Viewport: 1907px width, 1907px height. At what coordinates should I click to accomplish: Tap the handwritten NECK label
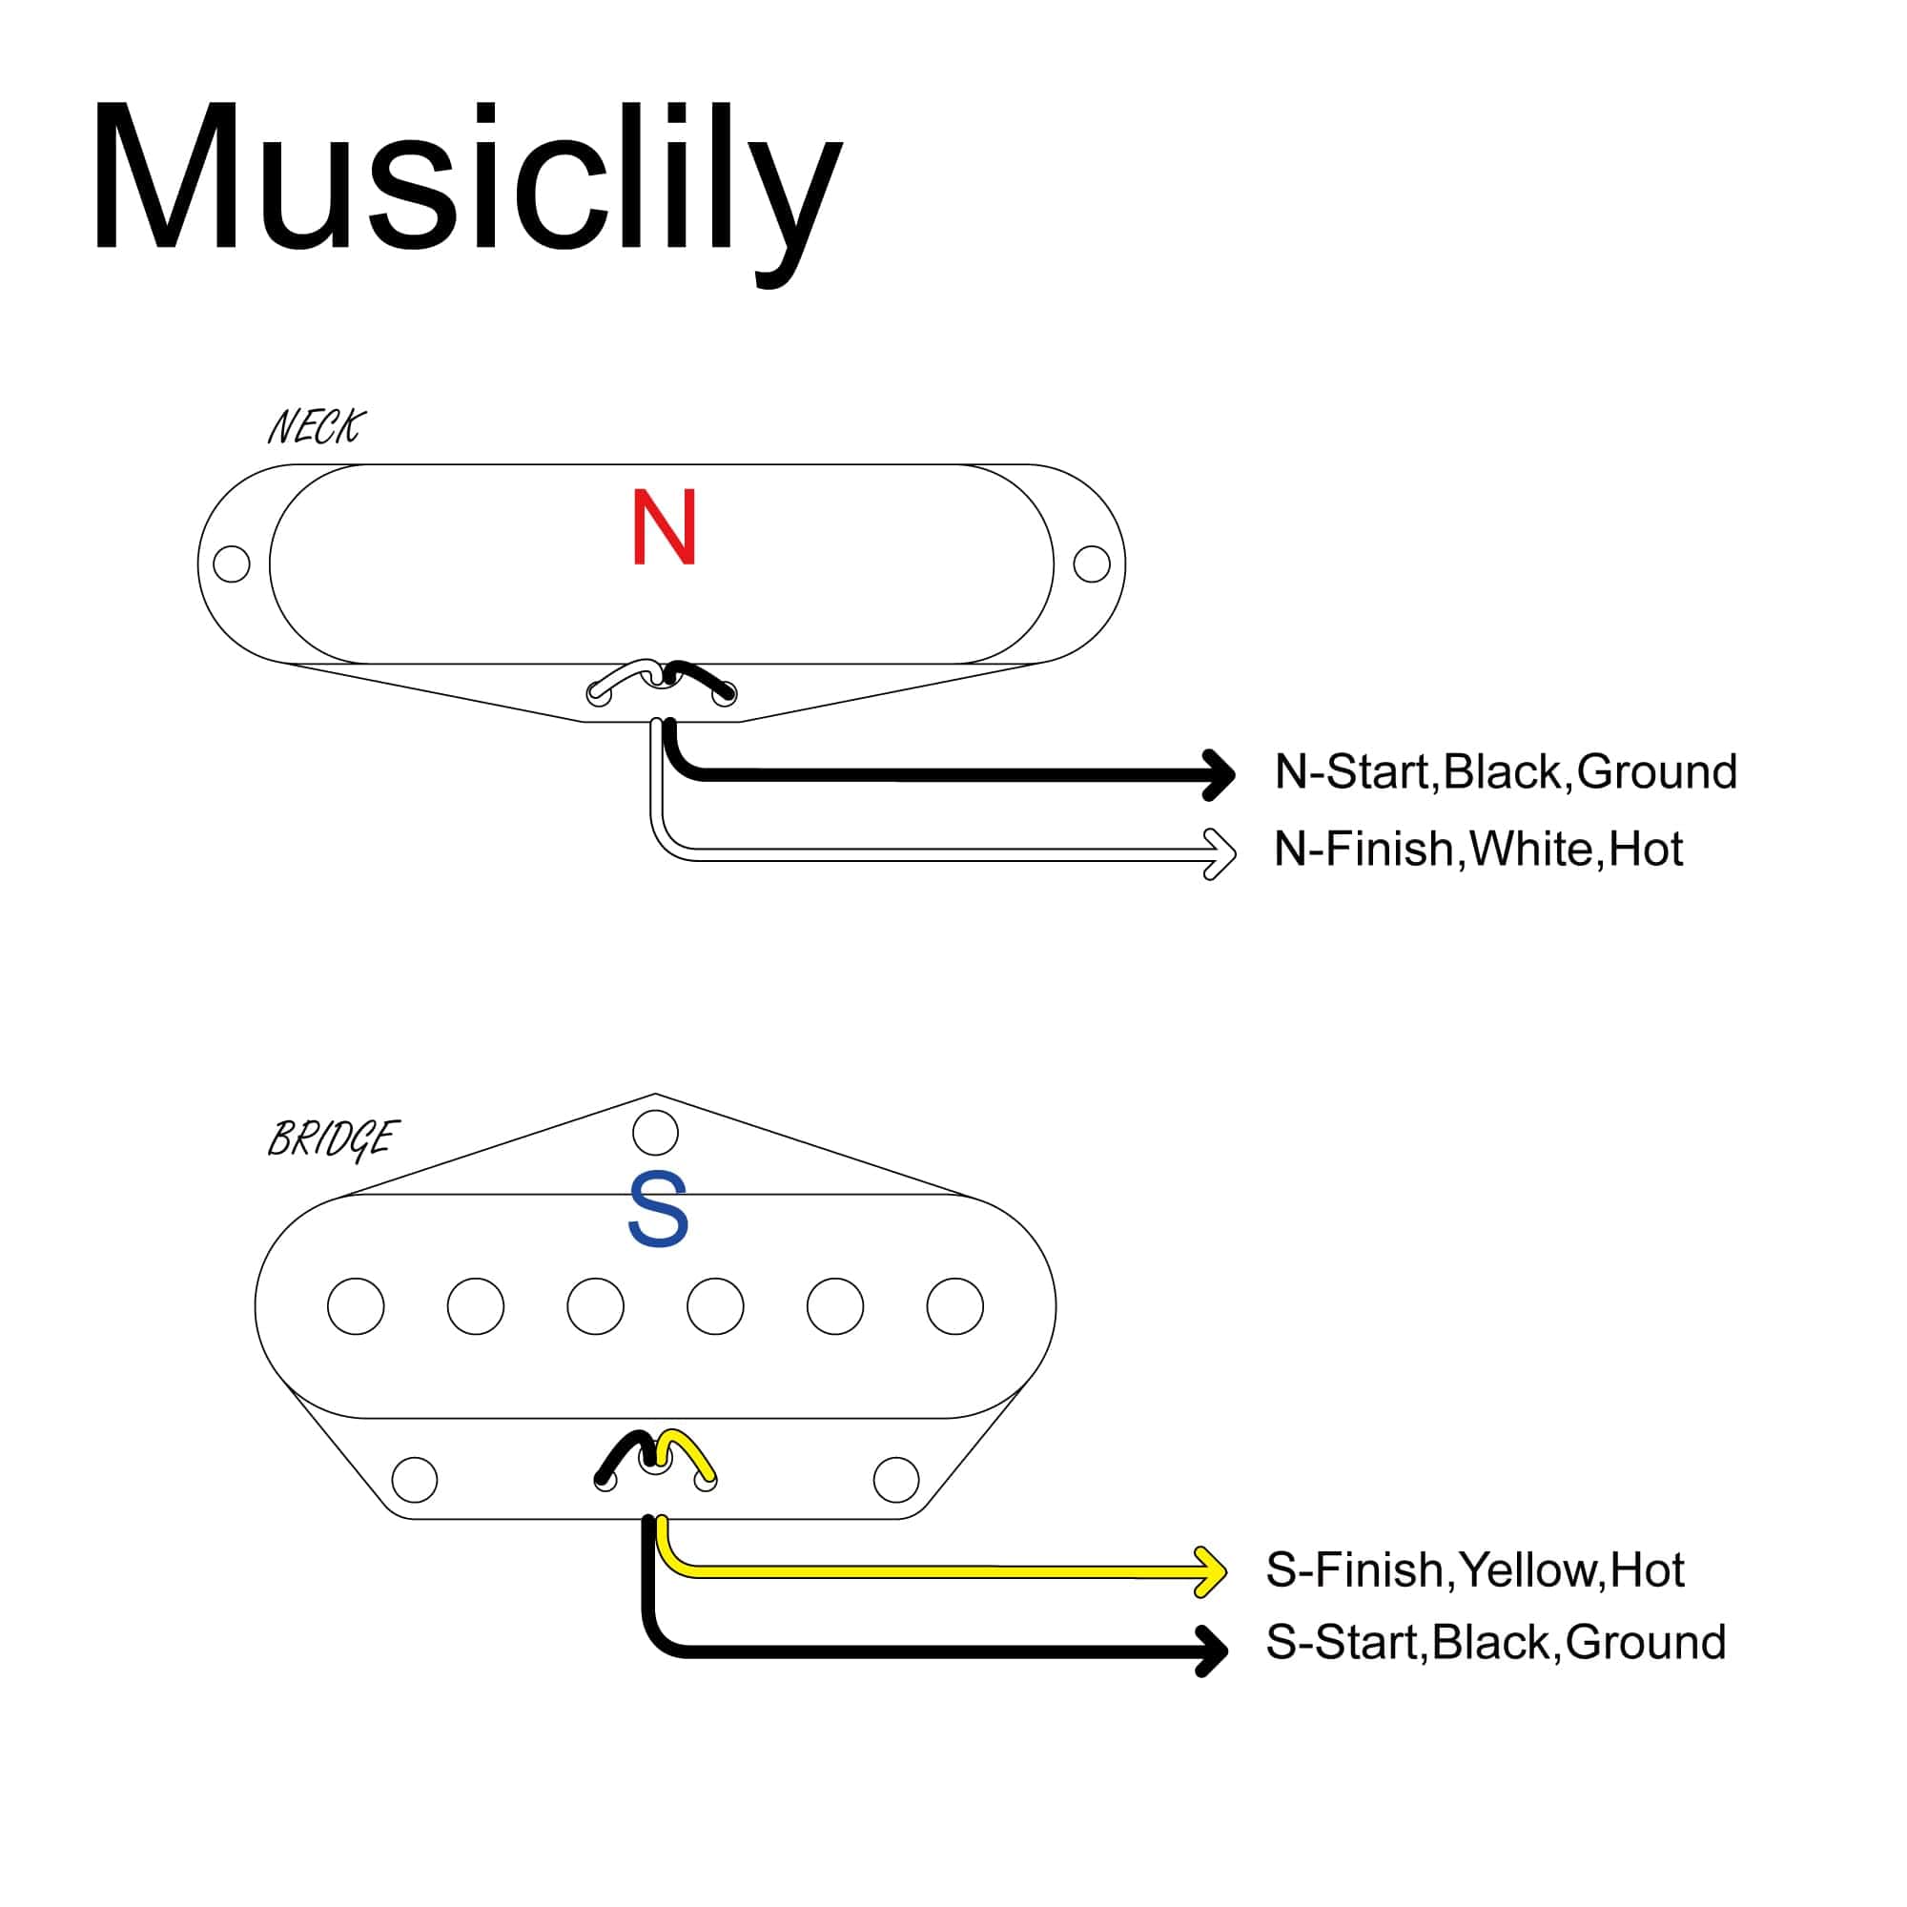(316, 427)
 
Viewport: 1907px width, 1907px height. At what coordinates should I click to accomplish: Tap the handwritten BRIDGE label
(333, 1139)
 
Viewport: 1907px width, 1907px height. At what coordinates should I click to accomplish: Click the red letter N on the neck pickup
(665, 527)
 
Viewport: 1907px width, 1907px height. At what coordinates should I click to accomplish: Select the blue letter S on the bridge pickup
(657, 1209)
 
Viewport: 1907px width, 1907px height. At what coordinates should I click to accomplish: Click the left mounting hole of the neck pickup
(232, 564)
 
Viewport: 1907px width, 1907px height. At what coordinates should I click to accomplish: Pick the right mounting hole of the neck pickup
(1091, 564)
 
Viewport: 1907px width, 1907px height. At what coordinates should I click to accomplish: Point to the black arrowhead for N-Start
(1220, 774)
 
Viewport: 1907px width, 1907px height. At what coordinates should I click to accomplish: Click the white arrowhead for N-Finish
(1220, 853)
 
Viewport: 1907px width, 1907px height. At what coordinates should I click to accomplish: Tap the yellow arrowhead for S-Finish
(1212, 1571)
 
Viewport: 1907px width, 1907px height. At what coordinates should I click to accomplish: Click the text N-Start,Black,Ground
(1506, 772)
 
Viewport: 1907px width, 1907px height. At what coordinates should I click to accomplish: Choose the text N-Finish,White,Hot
(1478, 850)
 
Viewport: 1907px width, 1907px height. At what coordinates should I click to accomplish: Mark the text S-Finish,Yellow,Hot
(1475, 1570)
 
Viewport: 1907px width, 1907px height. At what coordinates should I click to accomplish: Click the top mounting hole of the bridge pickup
(655, 1132)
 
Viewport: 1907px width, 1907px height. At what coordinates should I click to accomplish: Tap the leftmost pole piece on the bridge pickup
(356, 1306)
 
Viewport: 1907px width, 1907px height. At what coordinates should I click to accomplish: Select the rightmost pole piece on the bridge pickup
(954, 1306)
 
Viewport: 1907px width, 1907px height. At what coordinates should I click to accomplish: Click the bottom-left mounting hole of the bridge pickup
(415, 1480)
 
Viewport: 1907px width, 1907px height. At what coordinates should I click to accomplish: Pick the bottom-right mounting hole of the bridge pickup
(896, 1480)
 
